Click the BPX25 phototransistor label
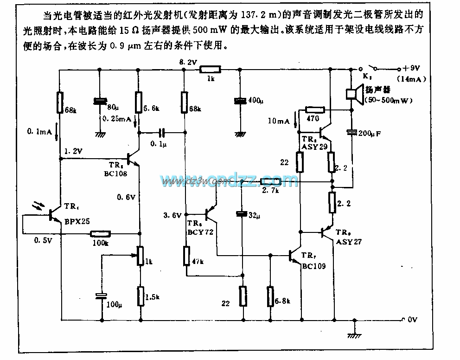(77, 222)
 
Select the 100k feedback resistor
(100, 234)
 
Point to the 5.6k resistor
(138, 102)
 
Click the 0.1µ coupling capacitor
(161, 133)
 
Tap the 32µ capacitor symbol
(241, 214)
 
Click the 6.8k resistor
(270, 296)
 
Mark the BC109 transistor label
(313, 266)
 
